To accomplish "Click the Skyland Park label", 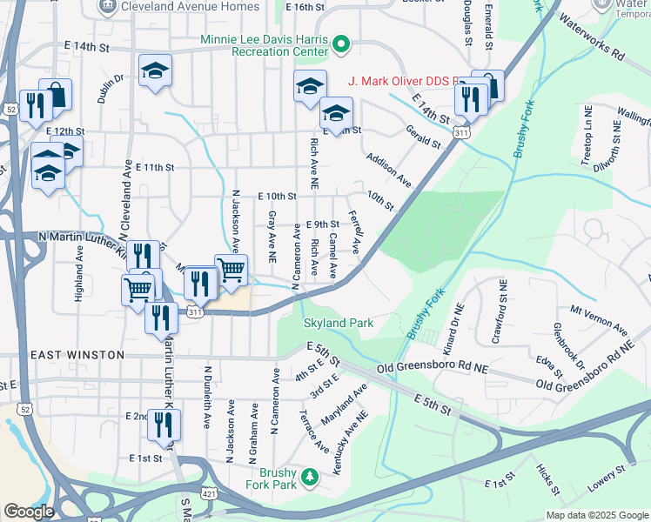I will (x=338, y=323).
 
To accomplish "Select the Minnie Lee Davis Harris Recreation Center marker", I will (x=342, y=41).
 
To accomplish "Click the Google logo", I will (x=29, y=512).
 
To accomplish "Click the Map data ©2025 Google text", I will (x=596, y=515).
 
